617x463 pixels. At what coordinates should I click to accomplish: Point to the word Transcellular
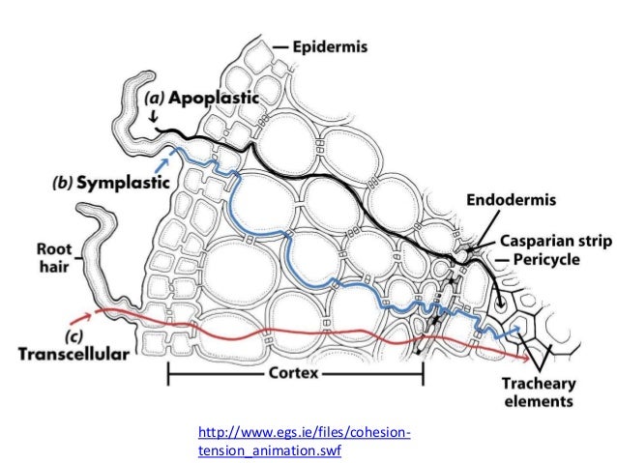click(x=73, y=355)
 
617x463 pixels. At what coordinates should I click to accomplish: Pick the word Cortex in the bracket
click(x=294, y=373)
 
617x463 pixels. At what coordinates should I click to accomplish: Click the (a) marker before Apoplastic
click(x=155, y=99)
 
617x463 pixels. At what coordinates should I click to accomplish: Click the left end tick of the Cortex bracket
click(x=169, y=373)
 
